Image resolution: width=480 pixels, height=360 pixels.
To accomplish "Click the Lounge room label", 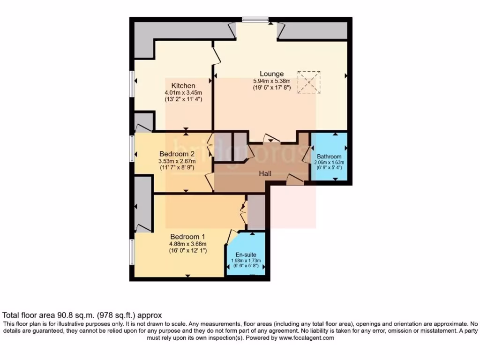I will (272, 74).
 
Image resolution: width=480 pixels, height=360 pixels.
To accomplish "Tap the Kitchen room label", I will (183, 85).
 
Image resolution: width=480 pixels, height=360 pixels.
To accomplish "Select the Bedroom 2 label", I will (177, 154).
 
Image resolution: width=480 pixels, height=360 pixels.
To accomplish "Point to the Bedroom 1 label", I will (188, 236).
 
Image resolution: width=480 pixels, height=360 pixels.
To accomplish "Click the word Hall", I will (266, 173).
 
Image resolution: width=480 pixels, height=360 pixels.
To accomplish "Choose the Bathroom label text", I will (329, 157).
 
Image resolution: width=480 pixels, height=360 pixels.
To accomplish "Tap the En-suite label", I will (247, 255).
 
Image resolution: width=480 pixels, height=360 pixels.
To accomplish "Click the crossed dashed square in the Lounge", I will (309, 82).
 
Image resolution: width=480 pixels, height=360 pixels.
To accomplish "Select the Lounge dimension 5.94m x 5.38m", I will (272, 81).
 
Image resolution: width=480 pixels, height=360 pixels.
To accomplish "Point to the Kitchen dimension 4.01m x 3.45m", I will (183, 93).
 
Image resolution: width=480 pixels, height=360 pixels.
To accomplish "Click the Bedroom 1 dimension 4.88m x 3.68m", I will (188, 244).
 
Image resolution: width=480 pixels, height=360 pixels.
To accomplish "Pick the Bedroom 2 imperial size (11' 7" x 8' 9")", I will (177, 167).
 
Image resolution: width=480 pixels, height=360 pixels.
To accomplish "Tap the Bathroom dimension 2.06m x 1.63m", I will (329, 163).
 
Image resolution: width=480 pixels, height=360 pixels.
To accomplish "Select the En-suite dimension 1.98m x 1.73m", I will (247, 261).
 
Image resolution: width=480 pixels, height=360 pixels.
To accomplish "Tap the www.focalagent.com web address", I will (305, 338).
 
